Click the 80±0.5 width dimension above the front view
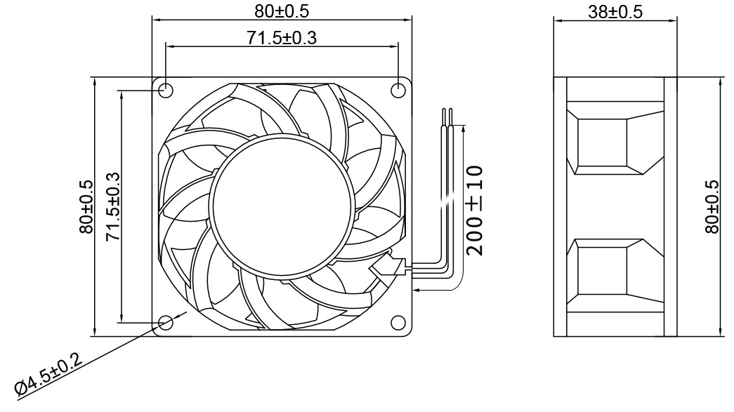pyautogui.click(x=281, y=11)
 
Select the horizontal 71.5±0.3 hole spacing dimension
pyautogui.click(x=281, y=38)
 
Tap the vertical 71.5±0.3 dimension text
pyautogui.click(x=112, y=206)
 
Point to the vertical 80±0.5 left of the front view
pyautogui.click(x=86, y=206)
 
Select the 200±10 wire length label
pyautogui.click(x=475, y=210)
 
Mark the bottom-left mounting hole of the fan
pyautogui.click(x=166, y=322)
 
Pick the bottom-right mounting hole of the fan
pyautogui.click(x=398, y=322)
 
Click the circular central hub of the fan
pyautogui.click(x=279, y=204)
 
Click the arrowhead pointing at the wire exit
pyautogui.click(x=419, y=288)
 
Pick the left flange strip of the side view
pyautogui.click(x=560, y=206)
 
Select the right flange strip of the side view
pyautogui.click(x=670, y=206)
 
